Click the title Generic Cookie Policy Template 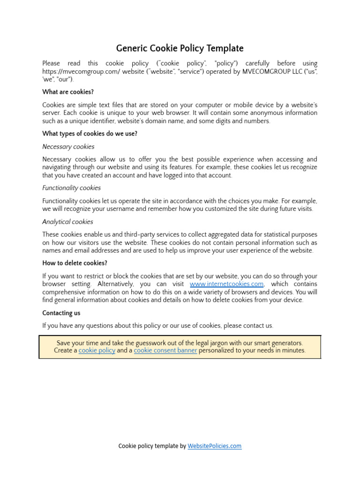[180, 48]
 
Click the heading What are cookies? [68, 92]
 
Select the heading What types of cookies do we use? [90, 134]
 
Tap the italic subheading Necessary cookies [68, 147]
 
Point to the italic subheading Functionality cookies [71, 188]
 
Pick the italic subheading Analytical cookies [67, 222]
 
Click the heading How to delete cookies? [75, 263]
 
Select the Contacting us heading [61, 313]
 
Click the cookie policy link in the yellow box [97, 350]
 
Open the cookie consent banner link [165, 350]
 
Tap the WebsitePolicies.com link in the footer [214, 446]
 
